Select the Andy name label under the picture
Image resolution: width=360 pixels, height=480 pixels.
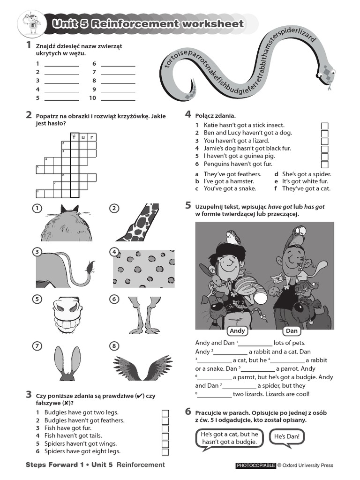(238, 331)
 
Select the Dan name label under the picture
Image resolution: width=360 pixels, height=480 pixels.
(292, 331)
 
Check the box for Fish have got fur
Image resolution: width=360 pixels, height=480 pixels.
(165, 428)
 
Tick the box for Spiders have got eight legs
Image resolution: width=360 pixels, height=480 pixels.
(165, 452)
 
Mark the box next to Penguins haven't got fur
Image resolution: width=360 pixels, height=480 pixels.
(324, 165)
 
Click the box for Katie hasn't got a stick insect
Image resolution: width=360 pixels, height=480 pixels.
(324, 126)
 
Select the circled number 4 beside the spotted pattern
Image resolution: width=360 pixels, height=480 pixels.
(114, 252)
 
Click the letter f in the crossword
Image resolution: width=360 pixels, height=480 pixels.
(74, 137)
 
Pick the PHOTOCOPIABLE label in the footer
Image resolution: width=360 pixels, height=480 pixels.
(255, 465)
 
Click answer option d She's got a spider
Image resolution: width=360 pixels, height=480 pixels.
(302, 174)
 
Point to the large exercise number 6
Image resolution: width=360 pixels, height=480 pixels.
(188, 412)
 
